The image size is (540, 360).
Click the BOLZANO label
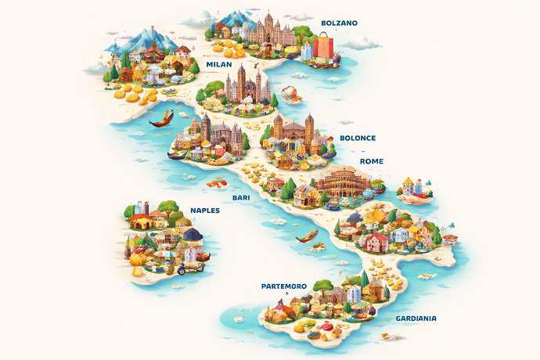(339, 23)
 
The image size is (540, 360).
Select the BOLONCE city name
(357, 138)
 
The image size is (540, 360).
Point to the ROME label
(371, 161)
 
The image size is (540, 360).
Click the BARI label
(240, 198)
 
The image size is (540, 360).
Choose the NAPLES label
(205, 211)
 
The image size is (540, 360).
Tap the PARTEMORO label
(283, 286)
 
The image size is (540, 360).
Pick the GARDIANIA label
(416, 319)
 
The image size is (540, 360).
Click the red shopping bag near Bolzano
(322, 49)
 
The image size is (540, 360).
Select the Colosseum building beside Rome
(343, 182)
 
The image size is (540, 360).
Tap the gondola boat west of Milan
(160, 120)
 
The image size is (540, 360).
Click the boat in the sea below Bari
(308, 235)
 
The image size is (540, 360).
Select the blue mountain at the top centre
(232, 17)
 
